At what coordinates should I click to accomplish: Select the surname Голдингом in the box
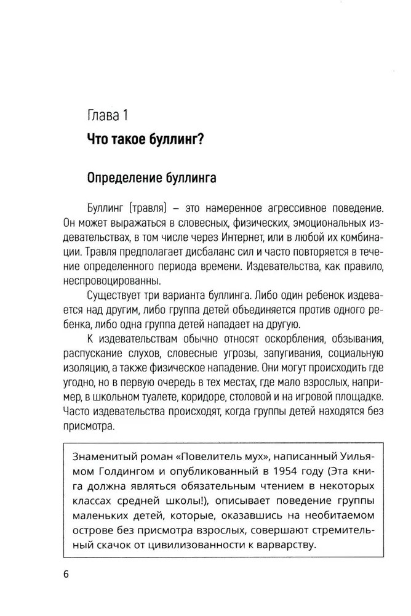126,471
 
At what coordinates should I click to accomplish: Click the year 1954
270,471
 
